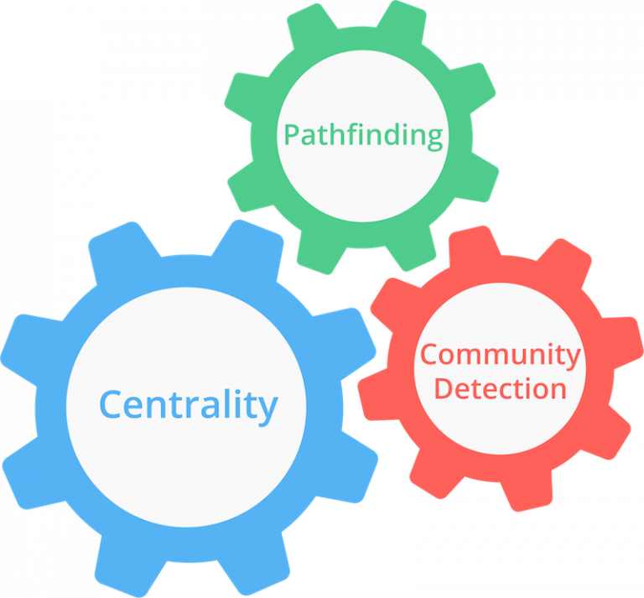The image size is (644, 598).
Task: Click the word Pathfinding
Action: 363,136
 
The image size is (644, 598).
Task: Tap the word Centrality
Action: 189,406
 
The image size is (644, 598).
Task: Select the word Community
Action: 501,356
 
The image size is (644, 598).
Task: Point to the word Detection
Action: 501,388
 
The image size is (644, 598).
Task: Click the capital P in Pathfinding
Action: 292,134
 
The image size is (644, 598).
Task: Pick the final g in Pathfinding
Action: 434,138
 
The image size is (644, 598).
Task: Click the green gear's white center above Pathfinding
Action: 363,86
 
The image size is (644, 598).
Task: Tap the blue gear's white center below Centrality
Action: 186,472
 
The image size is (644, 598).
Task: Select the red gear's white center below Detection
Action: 501,427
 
